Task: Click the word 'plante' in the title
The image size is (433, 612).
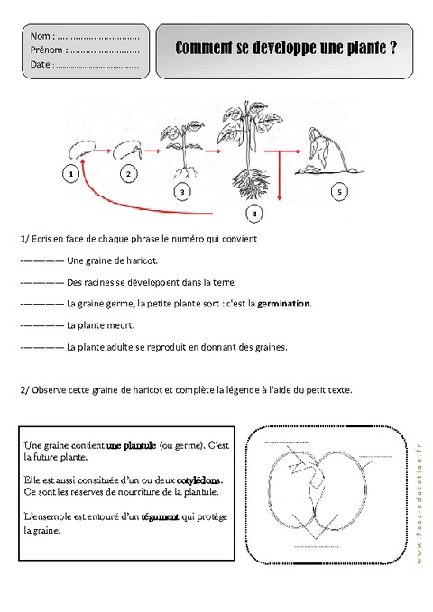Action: [x=362, y=52]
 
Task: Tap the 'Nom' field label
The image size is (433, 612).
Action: [x=40, y=36]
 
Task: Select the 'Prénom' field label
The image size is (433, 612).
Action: [x=46, y=50]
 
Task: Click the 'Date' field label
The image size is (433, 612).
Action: [x=41, y=65]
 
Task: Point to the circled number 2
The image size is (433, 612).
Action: [x=128, y=172]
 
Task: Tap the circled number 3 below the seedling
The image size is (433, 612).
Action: [x=183, y=192]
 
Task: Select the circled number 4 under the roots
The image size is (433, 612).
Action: [x=255, y=214]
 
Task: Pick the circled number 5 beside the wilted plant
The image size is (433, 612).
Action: [x=338, y=191]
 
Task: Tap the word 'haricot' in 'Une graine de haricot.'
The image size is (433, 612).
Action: [x=140, y=261]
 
